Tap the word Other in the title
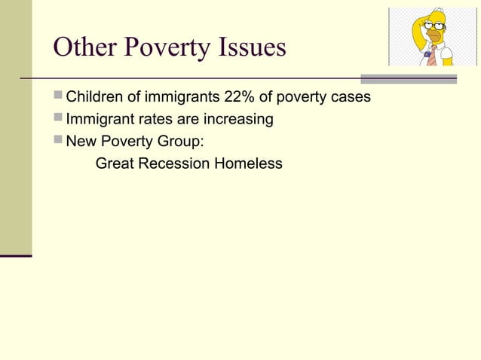(85, 47)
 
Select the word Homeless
(248, 162)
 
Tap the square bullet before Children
(59, 98)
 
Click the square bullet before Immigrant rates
(59, 119)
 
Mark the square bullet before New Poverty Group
(59, 140)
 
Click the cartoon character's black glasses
(435, 26)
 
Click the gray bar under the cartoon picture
(409, 78)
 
